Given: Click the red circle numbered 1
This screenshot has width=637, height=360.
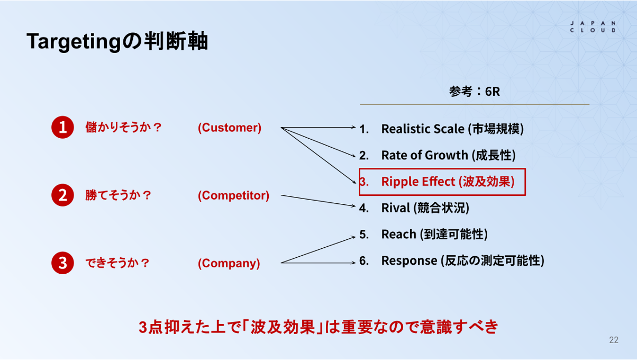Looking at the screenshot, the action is [x=62, y=127].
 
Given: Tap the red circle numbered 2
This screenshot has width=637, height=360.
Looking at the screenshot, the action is [x=62, y=195].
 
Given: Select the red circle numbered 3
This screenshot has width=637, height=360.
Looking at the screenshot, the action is [x=62, y=263].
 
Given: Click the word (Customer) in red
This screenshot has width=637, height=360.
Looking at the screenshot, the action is [x=230, y=128].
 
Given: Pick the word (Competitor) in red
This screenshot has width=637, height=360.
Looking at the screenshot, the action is [x=233, y=195].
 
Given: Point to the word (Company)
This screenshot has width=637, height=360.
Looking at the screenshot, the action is [x=229, y=263].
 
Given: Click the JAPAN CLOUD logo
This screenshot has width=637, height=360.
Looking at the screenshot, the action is [x=593, y=27].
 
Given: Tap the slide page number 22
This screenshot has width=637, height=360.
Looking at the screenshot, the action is [x=614, y=340].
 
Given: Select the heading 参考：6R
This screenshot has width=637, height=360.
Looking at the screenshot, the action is [x=475, y=92].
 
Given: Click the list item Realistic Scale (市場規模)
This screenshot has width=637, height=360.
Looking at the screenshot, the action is [x=441, y=129].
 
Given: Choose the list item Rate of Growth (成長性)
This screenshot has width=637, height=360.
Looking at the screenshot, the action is [x=438, y=155].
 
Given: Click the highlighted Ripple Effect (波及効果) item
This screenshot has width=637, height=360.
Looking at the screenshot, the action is [x=442, y=182].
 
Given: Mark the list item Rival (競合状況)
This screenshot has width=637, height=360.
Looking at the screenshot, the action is [x=414, y=208].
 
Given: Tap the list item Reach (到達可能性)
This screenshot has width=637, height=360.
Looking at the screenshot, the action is [x=423, y=234].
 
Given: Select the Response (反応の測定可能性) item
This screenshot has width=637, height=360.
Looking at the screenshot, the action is [x=452, y=260].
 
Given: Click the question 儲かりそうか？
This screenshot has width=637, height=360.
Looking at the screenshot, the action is [x=124, y=127].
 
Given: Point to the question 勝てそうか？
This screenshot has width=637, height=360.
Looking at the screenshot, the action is [x=119, y=195].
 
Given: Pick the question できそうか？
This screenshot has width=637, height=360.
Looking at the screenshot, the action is [x=117, y=263].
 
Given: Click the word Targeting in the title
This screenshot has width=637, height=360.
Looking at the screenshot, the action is [x=74, y=41].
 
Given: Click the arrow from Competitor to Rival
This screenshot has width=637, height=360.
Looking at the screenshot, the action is [x=318, y=201].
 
